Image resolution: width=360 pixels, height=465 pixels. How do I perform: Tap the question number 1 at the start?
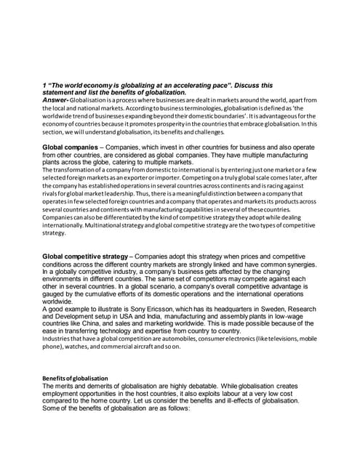44,85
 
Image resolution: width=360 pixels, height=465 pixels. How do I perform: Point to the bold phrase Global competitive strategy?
85,256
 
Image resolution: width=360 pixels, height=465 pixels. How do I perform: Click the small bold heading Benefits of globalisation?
75,378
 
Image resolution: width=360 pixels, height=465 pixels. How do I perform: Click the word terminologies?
172,108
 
